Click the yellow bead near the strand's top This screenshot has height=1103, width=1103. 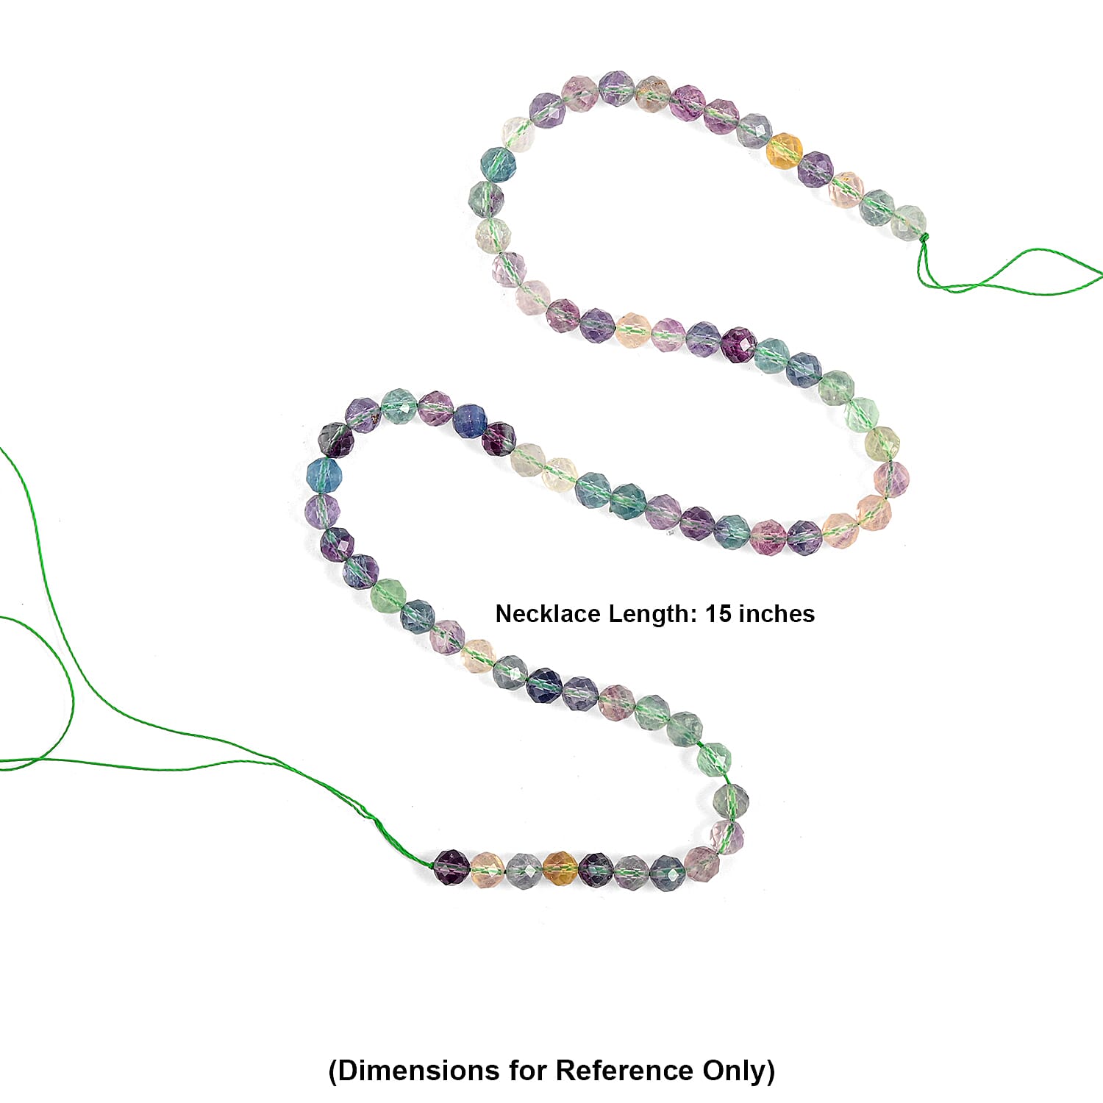784,151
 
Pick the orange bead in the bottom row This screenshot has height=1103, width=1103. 560,869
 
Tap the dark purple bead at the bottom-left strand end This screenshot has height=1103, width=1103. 451,868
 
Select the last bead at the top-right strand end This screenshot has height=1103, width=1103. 909,223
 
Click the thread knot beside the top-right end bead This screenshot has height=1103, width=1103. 924,238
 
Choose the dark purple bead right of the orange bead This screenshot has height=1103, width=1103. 596,870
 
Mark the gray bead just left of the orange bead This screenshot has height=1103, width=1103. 524,871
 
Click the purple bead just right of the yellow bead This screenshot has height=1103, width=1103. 815,169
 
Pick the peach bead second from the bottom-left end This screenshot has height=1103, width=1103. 488,870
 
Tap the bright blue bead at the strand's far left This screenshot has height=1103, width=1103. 324,475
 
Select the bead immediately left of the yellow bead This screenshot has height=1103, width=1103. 754,131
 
